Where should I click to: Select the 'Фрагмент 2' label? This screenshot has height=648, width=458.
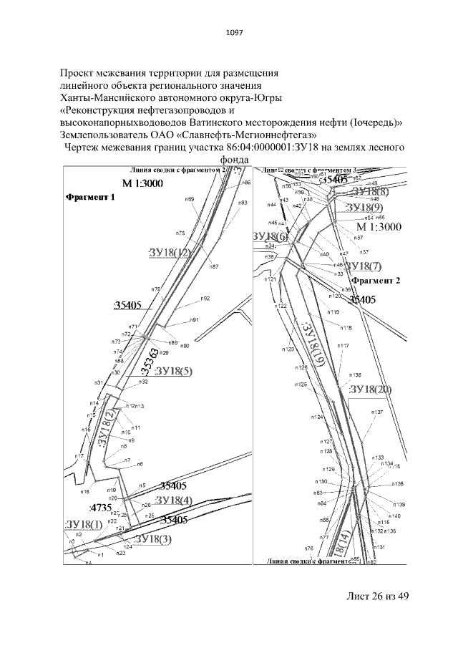pos(376,280)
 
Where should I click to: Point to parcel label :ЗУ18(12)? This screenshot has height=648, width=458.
pos(170,253)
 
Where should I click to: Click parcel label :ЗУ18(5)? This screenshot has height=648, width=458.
pos(172,370)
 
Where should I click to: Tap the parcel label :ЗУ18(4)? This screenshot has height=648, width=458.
pos(173,499)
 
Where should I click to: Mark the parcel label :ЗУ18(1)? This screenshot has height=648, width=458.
pos(83,525)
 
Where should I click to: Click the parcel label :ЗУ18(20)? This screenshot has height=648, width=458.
pos(370,390)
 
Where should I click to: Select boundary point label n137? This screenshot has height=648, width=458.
pos(377,413)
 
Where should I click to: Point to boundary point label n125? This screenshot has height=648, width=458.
pos(301,385)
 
